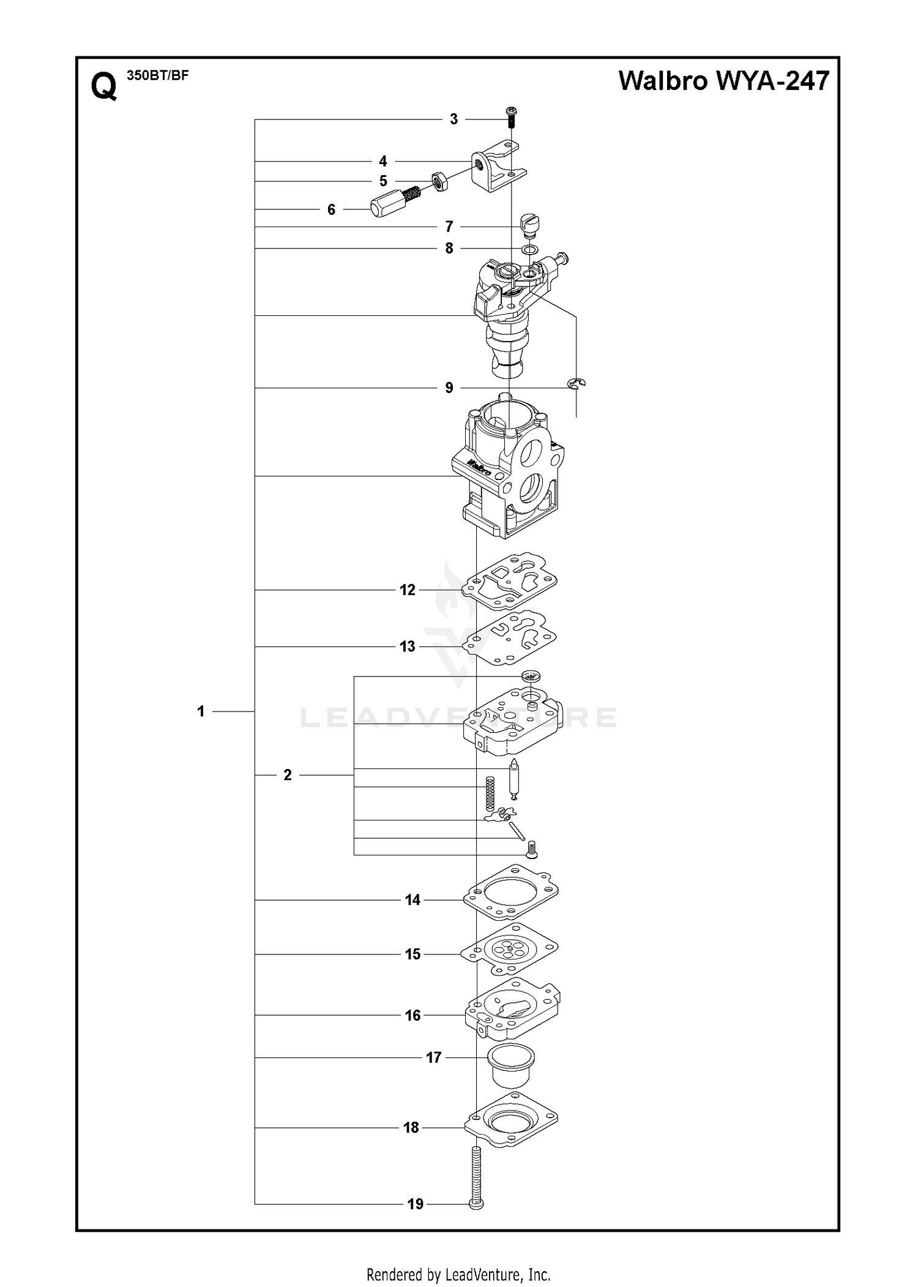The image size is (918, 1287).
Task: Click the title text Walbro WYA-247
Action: pyautogui.click(x=724, y=81)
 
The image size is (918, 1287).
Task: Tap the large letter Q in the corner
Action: pyautogui.click(x=103, y=86)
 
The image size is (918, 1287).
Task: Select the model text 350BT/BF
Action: pyautogui.click(x=157, y=76)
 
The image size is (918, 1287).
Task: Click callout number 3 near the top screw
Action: pyautogui.click(x=453, y=119)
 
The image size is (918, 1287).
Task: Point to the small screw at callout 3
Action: pyautogui.click(x=512, y=116)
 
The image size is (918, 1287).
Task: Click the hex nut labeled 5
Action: pyautogui.click(x=439, y=181)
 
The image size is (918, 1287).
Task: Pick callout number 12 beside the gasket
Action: pyautogui.click(x=408, y=590)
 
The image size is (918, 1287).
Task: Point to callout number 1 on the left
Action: pyautogui.click(x=201, y=711)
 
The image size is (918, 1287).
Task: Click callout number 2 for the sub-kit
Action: pyautogui.click(x=288, y=775)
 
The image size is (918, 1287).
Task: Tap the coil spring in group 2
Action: pyautogui.click(x=489, y=795)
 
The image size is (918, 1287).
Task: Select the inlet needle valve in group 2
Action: pyautogui.click(x=515, y=779)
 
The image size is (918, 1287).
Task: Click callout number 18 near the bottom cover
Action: pyautogui.click(x=411, y=1128)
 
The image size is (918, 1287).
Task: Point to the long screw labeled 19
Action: pyautogui.click(x=476, y=1177)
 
